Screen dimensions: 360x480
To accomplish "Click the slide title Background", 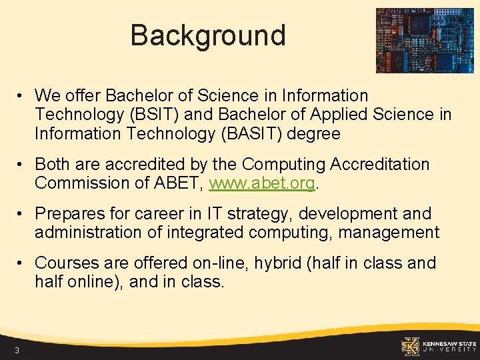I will click(207, 35).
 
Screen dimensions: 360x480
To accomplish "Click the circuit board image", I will click(424, 40).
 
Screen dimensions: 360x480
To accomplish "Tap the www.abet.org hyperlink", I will click(261, 183).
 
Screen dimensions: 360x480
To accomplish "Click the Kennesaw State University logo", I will click(438, 345).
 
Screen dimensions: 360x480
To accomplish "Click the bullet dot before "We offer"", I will click(22, 95).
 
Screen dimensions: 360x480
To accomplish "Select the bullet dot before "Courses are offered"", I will click(22, 263).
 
